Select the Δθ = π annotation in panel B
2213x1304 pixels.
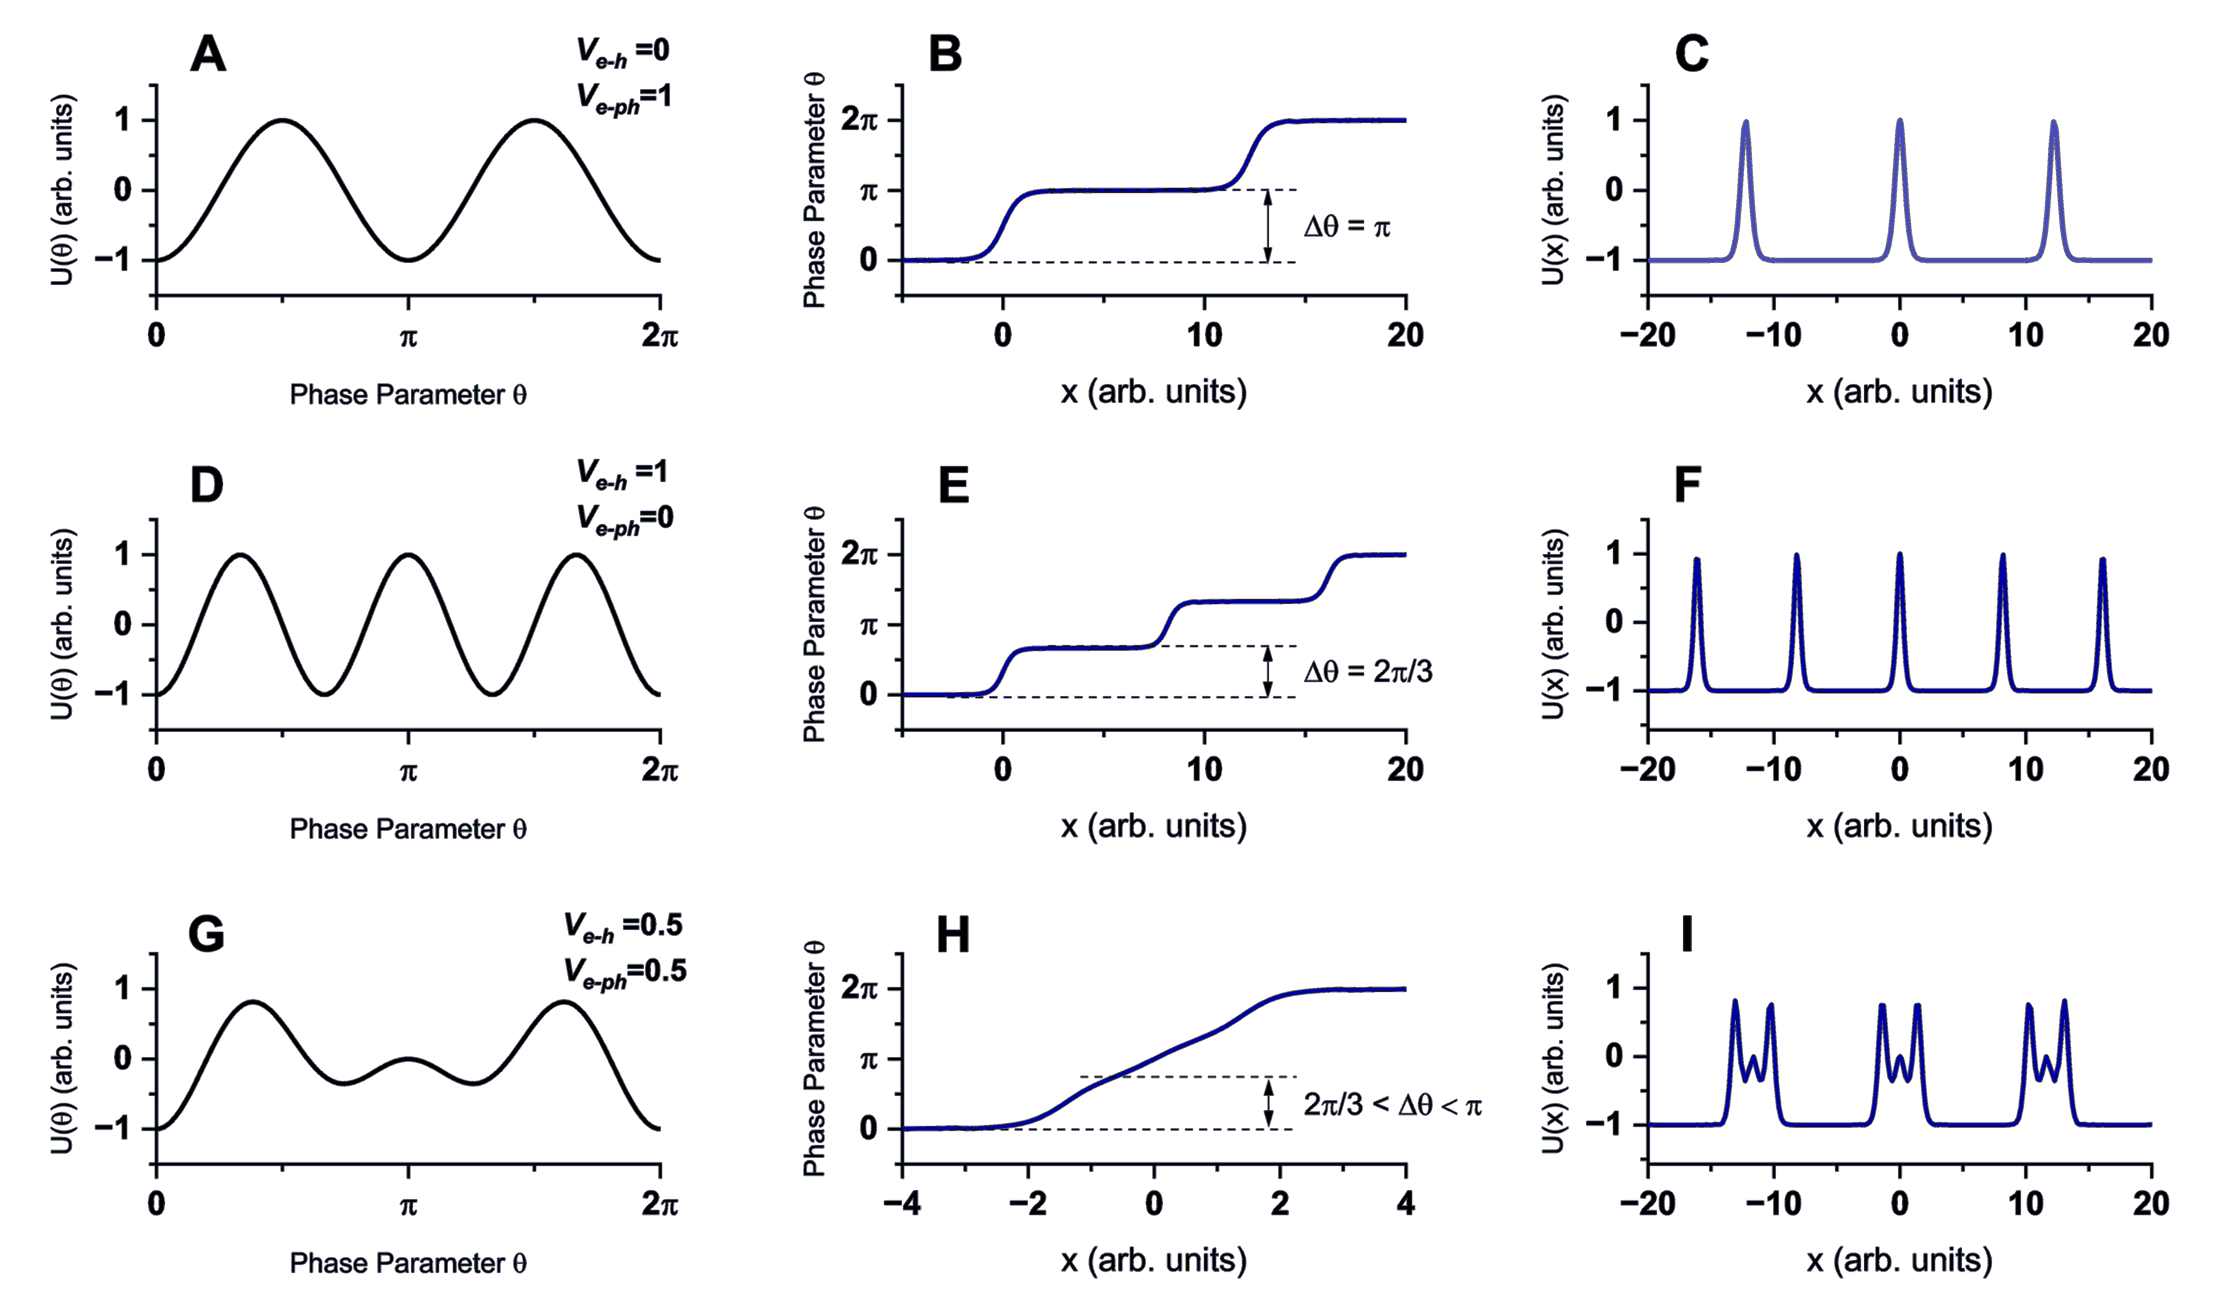[x=1347, y=227]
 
